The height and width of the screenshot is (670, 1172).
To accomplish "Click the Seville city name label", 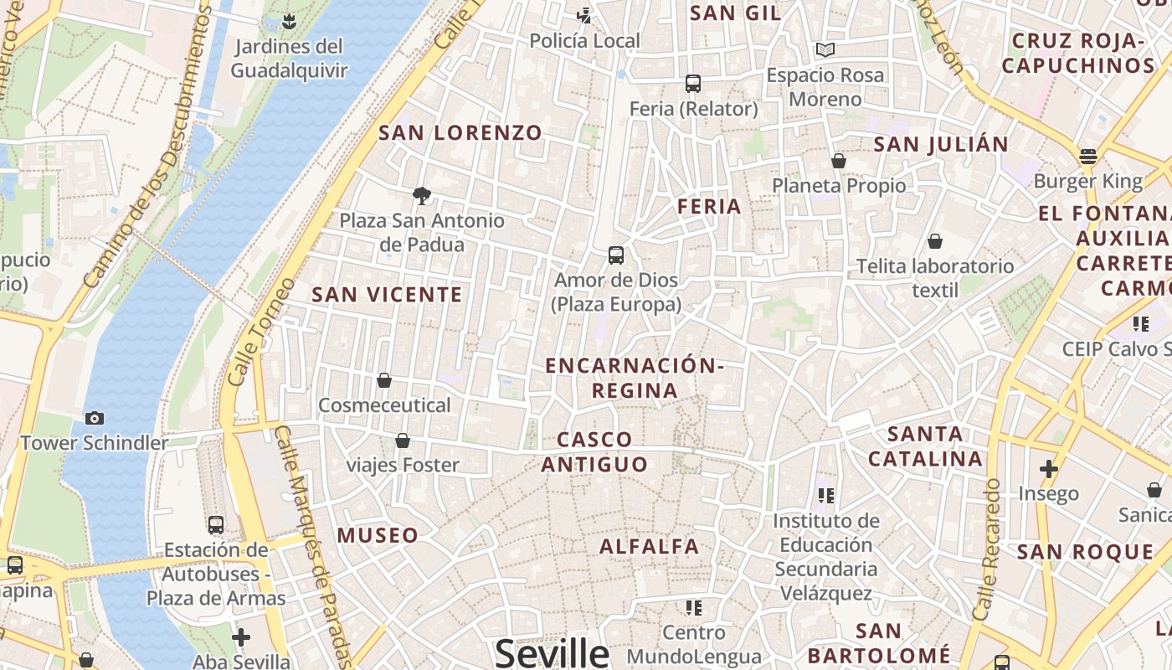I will (x=552, y=652).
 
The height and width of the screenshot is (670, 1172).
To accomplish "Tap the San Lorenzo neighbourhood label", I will (x=460, y=133).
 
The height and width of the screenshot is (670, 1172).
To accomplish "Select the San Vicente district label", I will (x=387, y=295).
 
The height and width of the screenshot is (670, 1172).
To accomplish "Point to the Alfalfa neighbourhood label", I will (x=649, y=547).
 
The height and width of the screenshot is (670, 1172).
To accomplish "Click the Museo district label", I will (x=378, y=535).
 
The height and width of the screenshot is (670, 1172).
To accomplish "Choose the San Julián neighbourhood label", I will (x=941, y=145).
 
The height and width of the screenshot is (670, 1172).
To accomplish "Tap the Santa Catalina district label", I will (x=925, y=446).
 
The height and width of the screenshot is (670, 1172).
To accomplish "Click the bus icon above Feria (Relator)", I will (x=693, y=84).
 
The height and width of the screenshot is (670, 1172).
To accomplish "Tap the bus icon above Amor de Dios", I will (x=616, y=255).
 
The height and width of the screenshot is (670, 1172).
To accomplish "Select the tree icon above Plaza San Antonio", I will (x=422, y=196).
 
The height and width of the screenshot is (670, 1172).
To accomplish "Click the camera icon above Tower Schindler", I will (x=95, y=418).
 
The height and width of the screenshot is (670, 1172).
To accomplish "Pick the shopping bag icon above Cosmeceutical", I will (x=384, y=381).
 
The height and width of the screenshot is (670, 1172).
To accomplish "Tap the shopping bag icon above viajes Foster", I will (x=403, y=441).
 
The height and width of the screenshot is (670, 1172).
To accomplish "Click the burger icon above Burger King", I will (x=1087, y=157).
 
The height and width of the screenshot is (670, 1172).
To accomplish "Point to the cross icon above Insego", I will (x=1048, y=469).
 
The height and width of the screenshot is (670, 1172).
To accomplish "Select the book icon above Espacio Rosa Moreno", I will (x=825, y=50).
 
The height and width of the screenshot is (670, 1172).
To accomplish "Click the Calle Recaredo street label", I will (x=989, y=549).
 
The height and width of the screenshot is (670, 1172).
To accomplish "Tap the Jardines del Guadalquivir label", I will (x=289, y=58).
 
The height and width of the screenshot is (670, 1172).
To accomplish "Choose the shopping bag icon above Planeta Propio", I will (x=839, y=161).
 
